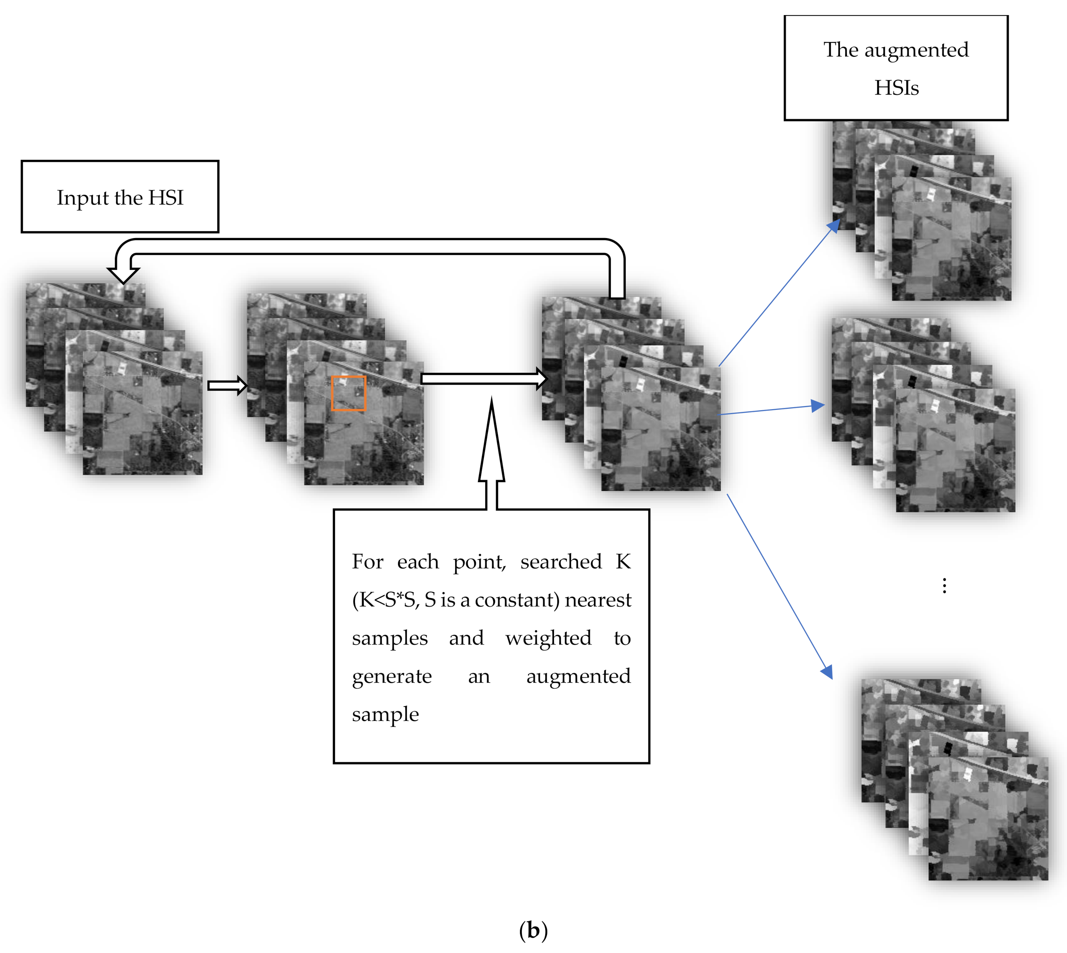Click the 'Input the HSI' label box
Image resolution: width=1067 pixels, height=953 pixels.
pyautogui.click(x=120, y=197)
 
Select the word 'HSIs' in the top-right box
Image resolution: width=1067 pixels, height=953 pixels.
pyautogui.click(x=896, y=87)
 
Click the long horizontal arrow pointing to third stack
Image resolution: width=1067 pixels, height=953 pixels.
pyautogui.click(x=481, y=379)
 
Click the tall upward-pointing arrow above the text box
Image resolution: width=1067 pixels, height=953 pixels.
pyautogui.click(x=491, y=450)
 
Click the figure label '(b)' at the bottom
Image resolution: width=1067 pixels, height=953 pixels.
pyautogui.click(x=533, y=930)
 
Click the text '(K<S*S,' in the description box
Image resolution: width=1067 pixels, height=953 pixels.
pyautogui.click(x=386, y=600)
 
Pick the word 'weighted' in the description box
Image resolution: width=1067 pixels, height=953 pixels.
pyautogui.click(x=548, y=638)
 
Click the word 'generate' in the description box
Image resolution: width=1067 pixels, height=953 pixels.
pyautogui.click(x=391, y=676)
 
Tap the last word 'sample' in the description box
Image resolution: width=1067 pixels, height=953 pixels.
pyautogui.click(x=385, y=715)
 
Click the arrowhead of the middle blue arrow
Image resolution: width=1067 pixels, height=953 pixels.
pyautogui.click(x=818, y=405)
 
